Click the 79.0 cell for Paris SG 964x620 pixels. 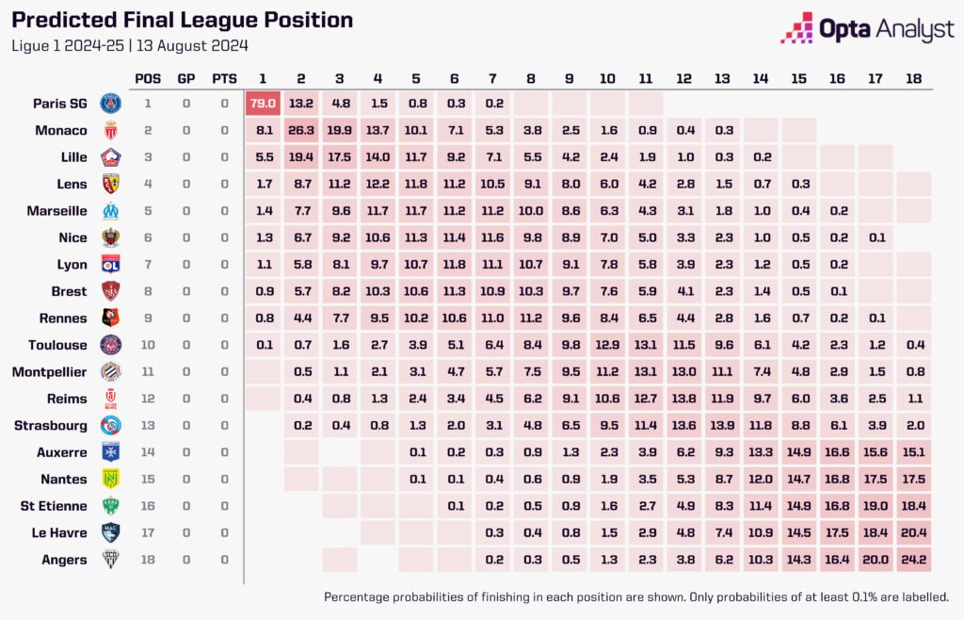tap(263, 104)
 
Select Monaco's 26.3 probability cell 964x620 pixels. tap(301, 130)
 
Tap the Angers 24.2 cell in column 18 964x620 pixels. tap(913, 560)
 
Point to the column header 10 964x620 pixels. tap(607, 78)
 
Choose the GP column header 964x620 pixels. tap(186, 78)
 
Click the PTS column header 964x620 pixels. tap(224, 78)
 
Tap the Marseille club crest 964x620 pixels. tap(111, 211)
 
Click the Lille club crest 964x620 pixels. tap(111, 157)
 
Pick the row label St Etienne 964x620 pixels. tap(55, 506)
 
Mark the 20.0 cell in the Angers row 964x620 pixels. tap(875, 560)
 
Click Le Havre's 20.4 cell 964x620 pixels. tap(913, 532)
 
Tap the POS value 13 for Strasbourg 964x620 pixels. tap(148, 426)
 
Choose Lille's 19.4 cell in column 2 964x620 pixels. tap(301, 157)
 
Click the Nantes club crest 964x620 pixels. tap(111, 480)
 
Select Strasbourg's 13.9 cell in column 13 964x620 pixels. tap(722, 426)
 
